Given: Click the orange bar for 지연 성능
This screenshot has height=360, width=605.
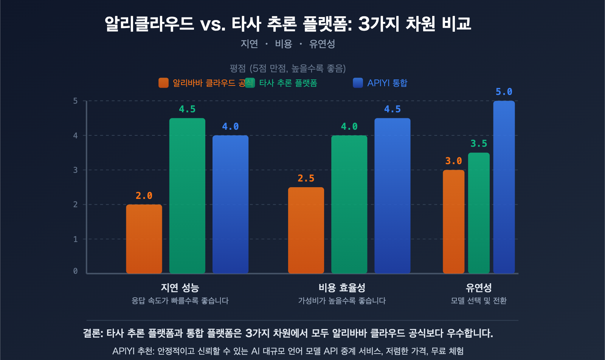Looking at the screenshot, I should point(144,239).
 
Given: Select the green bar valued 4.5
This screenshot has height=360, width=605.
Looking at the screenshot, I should point(187,196).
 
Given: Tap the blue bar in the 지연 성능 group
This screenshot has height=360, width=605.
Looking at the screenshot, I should point(230,204).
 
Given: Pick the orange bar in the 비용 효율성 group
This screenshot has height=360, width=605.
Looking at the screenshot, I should point(306,230).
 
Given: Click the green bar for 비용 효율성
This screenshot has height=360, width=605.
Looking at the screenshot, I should point(349,204).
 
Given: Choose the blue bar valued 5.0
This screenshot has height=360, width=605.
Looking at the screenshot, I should point(504,187).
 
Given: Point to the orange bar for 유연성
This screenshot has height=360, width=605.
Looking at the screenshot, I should point(453,222).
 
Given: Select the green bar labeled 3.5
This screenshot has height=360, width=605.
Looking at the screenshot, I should point(479,213).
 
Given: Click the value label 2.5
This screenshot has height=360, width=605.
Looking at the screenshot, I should point(306,178).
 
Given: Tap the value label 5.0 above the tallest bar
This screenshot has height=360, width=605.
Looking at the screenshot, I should point(504,92).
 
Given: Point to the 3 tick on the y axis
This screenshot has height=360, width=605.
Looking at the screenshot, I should point(76,170).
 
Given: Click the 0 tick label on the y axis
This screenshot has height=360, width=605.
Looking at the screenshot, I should point(76,271).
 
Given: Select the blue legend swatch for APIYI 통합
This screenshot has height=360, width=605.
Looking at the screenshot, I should point(358,83).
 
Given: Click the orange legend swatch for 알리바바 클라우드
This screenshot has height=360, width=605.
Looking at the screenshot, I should point(163,83).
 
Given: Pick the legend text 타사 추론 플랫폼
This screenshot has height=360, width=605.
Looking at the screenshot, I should point(288,83).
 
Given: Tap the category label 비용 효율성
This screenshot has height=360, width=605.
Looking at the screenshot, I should point(342,288).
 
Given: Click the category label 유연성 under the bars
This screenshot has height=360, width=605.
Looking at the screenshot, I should point(479,288).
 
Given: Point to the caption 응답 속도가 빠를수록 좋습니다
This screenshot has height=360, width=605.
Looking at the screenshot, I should point(180,301).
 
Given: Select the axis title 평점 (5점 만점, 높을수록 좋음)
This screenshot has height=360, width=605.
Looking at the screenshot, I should point(288,68).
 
